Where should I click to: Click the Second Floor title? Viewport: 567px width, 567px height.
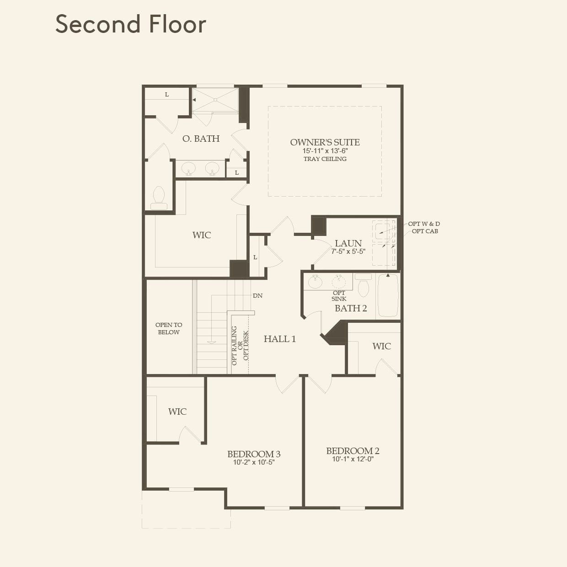[x=131, y=24]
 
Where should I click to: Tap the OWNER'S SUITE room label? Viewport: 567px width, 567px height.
[x=325, y=142]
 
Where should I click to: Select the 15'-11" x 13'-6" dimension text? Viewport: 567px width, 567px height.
[x=325, y=150]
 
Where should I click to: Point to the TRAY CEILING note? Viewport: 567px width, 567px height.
[x=325, y=159]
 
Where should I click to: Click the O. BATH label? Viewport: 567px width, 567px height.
[x=201, y=139]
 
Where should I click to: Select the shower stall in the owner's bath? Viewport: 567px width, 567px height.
[x=215, y=100]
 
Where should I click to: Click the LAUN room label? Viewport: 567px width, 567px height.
[x=348, y=243]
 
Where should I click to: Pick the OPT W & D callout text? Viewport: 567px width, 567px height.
[x=424, y=224]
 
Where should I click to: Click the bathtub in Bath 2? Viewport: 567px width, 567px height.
[x=388, y=295]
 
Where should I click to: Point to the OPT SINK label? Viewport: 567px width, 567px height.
[x=339, y=296]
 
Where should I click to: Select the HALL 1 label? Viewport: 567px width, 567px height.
[x=279, y=339]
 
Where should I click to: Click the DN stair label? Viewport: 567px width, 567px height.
[x=257, y=296]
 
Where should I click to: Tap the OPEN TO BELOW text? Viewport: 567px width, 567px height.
[x=169, y=328]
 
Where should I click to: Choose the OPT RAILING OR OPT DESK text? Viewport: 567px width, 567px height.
[x=240, y=346]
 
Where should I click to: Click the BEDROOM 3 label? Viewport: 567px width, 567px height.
[x=254, y=454]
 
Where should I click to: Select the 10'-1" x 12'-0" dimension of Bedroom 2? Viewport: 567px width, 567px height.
[x=353, y=459]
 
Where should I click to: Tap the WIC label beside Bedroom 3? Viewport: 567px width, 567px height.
[x=177, y=412]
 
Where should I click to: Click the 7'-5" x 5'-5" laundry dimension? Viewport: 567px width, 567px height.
[x=348, y=251]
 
